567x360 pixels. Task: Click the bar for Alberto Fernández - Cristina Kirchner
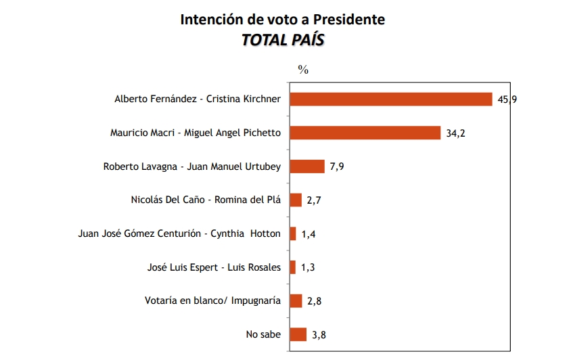(x=391, y=99)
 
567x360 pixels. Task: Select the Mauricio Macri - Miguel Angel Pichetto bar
(x=365, y=133)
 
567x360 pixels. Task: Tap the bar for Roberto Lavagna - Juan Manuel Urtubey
(x=307, y=166)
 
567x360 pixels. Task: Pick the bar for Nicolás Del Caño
(x=296, y=200)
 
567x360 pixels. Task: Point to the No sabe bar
(x=298, y=334)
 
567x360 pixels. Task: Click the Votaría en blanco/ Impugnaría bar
(x=296, y=300)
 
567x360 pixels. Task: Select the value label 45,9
(x=507, y=99)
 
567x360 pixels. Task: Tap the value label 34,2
(x=456, y=133)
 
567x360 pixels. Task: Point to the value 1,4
(x=309, y=233)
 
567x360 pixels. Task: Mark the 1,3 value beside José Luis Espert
(x=308, y=267)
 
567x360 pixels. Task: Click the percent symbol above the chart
(x=303, y=70)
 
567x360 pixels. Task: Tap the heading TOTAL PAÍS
(x=283, y=40)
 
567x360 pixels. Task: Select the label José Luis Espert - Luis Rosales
(x=214, y=267)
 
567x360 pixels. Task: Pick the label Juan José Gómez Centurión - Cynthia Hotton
(x=180, y=233)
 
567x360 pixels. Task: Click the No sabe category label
(x=263, y=334)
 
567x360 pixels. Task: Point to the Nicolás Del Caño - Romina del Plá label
(x=206, y=200)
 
